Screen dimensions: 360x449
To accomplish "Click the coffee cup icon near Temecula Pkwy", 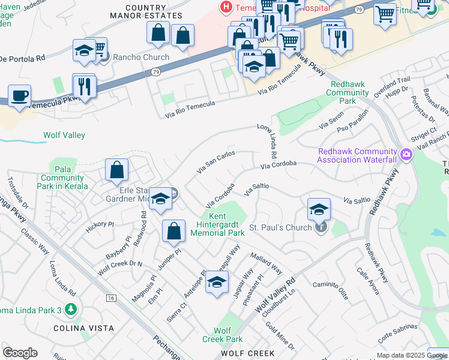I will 19,95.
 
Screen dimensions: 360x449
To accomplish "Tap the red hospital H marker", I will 226,8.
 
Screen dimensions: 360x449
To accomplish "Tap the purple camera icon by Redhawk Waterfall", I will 406,155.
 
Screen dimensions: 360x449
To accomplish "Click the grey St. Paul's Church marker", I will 321,227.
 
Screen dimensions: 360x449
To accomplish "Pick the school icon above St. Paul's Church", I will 319,209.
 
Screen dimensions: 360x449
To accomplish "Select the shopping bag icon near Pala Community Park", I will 117,170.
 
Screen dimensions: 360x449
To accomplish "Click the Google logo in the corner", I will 20,353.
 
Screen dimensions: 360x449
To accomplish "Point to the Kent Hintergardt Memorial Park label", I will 218,224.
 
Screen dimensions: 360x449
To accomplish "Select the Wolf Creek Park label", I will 222,335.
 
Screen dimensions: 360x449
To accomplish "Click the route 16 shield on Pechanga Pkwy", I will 111,298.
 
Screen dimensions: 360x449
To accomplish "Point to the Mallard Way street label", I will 267,263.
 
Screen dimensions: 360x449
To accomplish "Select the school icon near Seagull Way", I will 217,282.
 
